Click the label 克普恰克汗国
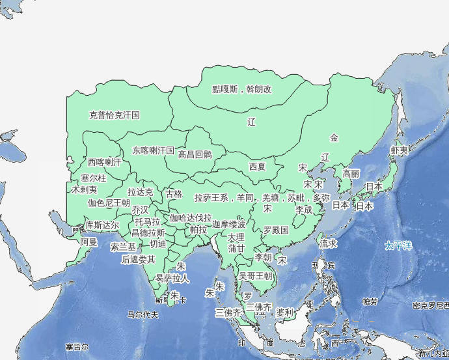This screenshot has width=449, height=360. click(115, 115)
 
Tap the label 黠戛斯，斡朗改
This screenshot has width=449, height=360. click(242, 89)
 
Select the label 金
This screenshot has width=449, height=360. click(334, 137)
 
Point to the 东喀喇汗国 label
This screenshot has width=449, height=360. click(154, 150)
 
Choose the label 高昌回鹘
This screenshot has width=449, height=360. click(195, 154)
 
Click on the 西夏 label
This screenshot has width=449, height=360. click(257, 166)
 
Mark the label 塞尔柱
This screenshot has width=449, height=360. click(94, 178)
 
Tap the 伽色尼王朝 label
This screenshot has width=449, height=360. click(109, 202)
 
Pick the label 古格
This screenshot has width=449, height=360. click(174, 194)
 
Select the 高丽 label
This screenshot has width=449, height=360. click(351, 174)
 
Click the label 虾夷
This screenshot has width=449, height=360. click(400, 150)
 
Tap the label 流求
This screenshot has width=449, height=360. click(328, 243)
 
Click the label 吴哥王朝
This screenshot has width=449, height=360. click(256, 276)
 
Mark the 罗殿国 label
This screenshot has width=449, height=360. click(276, 230)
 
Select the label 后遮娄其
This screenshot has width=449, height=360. click(139, 259)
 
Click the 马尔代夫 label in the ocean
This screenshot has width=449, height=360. click(143, 314)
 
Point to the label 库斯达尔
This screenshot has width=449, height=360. click(102, 225)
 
